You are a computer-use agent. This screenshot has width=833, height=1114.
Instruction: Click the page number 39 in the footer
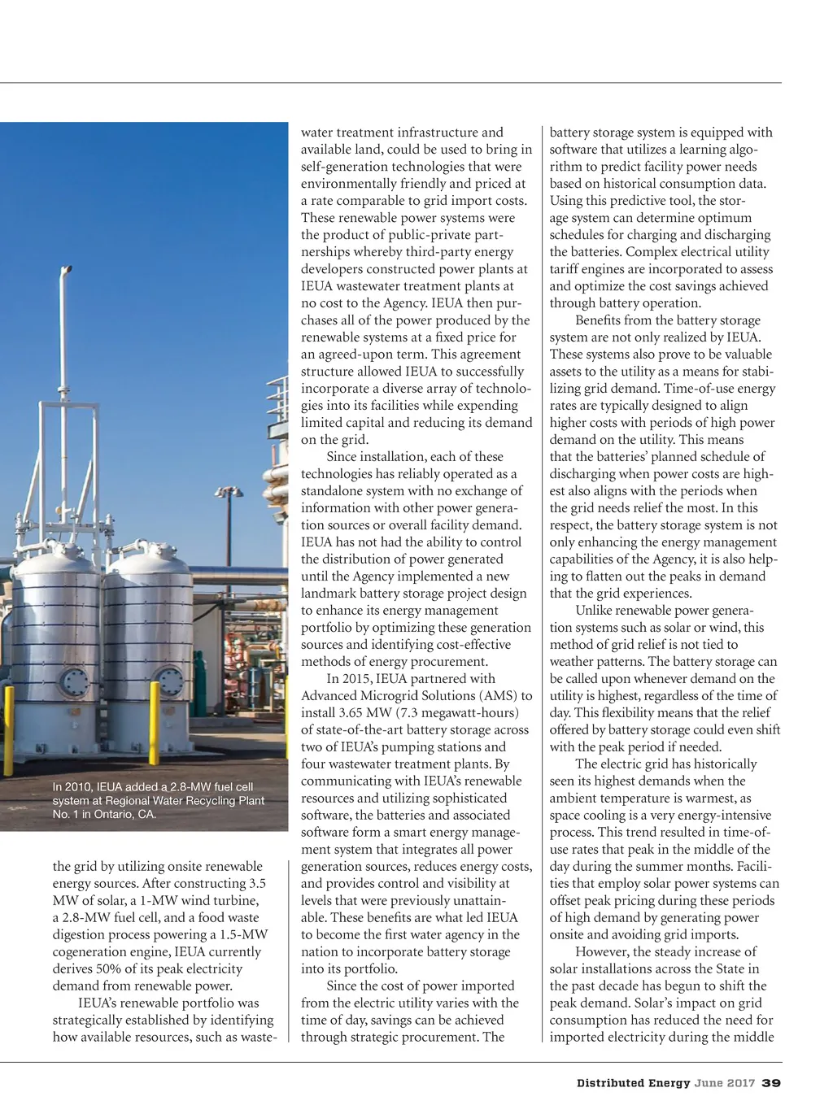771,1083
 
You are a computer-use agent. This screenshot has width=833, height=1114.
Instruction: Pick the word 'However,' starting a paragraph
600,952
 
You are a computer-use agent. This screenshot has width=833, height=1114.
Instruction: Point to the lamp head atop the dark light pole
229,492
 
